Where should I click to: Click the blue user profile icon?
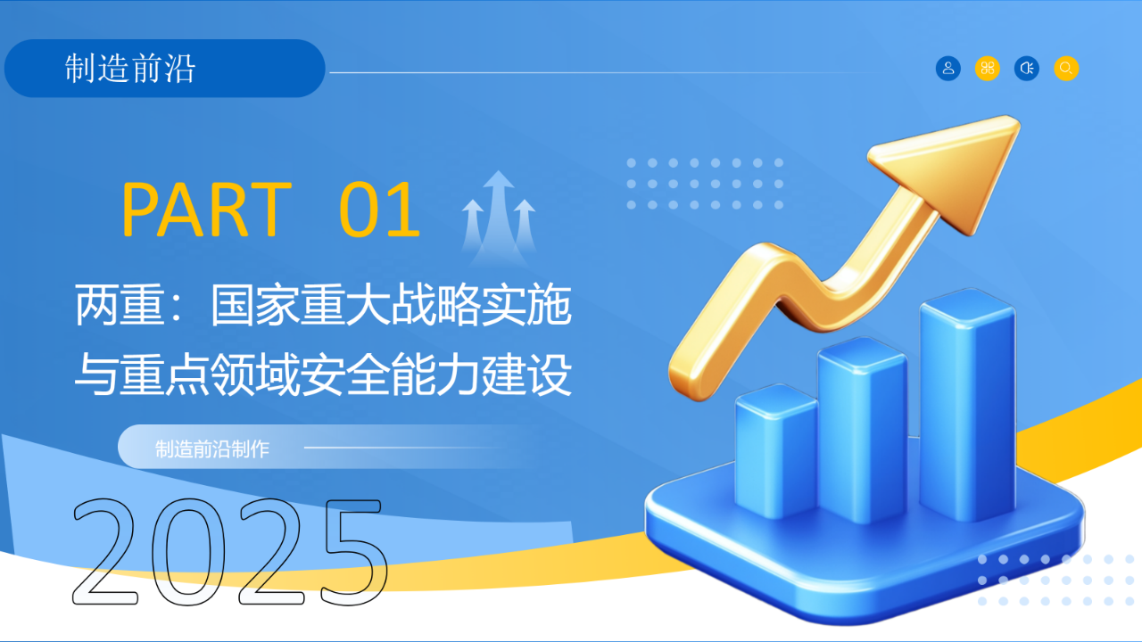coord(948,69)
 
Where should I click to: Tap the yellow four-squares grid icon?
coord(988,69)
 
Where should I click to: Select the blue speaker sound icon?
coord(1027,69)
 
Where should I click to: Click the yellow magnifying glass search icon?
coord(1066,69)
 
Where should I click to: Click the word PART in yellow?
coord(206,210)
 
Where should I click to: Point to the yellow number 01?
coord(380,210)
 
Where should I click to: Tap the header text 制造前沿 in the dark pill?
coord(130,69)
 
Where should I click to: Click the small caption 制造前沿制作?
coord(212,449)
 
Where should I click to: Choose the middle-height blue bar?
coord(862,431)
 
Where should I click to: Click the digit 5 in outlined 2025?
coord(355,552)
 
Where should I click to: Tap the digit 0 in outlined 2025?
coord(188,552)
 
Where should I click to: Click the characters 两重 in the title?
coord(120,305)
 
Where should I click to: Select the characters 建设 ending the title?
coord(526,375)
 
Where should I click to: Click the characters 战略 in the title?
coord(436,305)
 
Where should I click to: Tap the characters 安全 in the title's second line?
coord(345,375)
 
